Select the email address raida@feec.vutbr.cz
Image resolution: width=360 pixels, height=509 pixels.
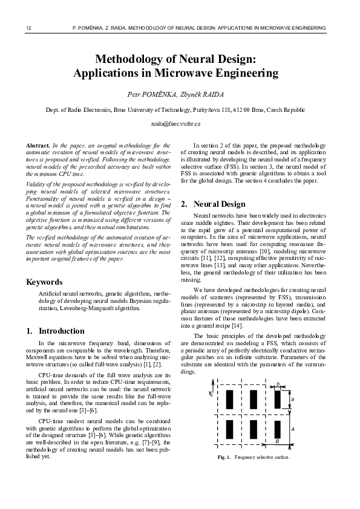[x=179, y=123]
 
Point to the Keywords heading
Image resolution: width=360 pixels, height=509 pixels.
[x=44, y=282]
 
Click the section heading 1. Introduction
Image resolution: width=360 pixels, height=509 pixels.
[x=55, y=331]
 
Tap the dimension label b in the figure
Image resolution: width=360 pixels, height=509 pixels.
[x=277, y=383]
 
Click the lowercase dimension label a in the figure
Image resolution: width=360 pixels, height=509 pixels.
[x=293, y=400]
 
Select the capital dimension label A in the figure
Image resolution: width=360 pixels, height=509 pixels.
[x=293, y=428]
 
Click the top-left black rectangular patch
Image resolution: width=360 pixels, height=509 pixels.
[x=229, y=400]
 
